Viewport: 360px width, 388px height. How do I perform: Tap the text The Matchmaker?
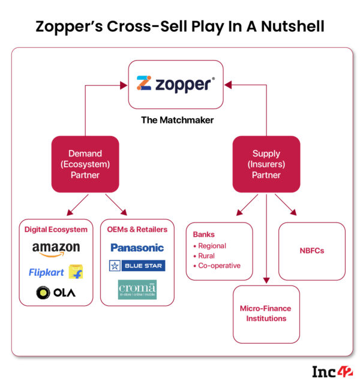click(177, 120)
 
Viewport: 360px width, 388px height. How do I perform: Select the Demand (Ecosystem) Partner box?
click(85, 164)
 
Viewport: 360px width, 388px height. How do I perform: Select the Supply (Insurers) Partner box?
click(266, 164)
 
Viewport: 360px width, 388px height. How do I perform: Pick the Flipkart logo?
click(56, 272)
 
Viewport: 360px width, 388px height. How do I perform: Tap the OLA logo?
click(56, 294)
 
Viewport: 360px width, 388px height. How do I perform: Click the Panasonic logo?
click(137, 247)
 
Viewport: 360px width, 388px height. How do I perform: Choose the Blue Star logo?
click(137, 265)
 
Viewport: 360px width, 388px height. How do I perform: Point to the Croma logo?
click(137, 290)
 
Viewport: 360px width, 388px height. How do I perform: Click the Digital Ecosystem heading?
click(56, 229)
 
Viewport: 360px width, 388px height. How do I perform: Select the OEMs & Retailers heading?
click(137, 229)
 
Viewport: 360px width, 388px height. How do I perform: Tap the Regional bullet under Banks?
click(212, 246)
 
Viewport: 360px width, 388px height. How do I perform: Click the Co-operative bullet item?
click(217, 266)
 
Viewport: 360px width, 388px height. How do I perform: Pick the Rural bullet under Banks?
click(206, 256)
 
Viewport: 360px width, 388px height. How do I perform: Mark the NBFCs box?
click(311, 251)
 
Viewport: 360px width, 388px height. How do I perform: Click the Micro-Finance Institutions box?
click(266, 314)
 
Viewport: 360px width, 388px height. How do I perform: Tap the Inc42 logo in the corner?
click(332, 372)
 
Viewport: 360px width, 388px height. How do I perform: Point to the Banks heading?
click(201, 235)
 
